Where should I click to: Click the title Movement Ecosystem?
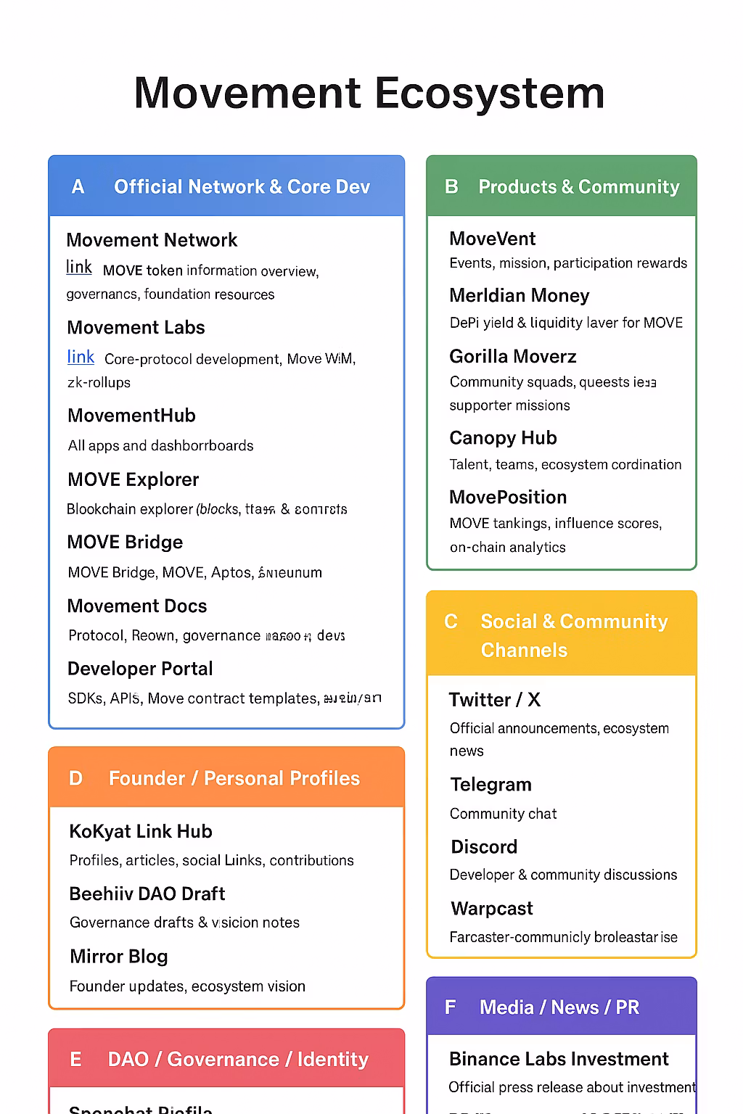click(369, 93)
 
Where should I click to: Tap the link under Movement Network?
click(79, 267)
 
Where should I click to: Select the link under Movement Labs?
click(81, 357)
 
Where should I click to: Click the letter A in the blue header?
click(78, 187)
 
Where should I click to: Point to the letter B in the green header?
click(451, 187)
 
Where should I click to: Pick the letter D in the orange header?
click(75, 778)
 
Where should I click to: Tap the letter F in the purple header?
click(450, 1007)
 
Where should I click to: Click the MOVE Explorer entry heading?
click(133, 479)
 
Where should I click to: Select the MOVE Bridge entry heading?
click(125, 542)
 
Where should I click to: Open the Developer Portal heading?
click(140, 669)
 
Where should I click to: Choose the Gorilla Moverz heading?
click(513, 356)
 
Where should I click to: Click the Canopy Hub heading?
click(503, 438)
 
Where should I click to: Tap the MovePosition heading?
click(508, 497)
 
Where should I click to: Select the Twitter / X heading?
click(494, 700)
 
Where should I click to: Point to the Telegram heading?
click(490, 785)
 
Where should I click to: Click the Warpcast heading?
click(492, 909)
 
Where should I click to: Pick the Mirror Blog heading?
click(119, 957)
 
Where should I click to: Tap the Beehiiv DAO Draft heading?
click(147, 894)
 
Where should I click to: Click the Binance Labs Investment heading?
click(559, 1059)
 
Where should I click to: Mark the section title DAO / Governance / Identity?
click(238, 1060)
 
